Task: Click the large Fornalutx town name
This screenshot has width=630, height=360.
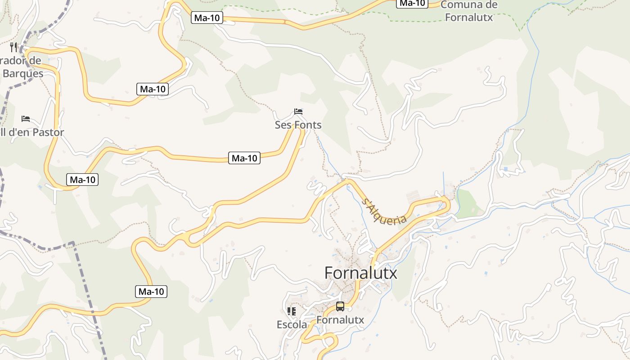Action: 361,273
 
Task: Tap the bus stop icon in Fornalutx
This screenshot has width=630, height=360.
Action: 340,306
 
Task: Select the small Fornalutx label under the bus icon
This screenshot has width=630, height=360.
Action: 340,320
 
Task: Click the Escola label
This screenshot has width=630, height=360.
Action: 292,324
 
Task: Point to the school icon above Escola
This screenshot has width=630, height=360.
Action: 292,311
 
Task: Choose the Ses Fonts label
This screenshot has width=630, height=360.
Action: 298,125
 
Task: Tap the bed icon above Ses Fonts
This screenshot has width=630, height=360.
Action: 298,111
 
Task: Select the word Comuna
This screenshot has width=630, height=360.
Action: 469,5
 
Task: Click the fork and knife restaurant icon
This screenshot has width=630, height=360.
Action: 13,47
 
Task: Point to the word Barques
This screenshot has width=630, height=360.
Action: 23,73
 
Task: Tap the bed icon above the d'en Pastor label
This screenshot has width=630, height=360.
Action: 26,119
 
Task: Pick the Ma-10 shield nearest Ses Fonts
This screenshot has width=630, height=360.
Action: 244,158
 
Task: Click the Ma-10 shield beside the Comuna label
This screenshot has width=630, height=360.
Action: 412,3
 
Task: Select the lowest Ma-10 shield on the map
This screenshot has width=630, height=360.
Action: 151,292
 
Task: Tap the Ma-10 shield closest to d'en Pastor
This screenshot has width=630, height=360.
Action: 83,180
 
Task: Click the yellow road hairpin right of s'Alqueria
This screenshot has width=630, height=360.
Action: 447,205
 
